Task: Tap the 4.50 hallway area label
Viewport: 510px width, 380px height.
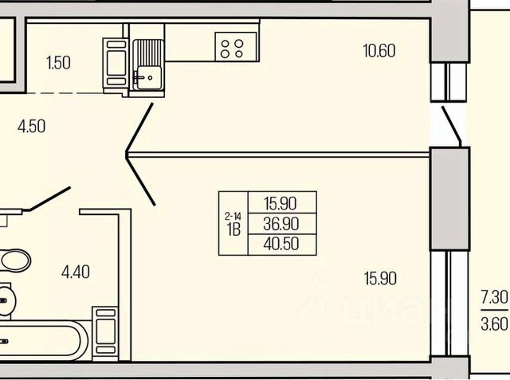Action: point(31,125)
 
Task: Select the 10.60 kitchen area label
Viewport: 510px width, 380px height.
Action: point(379,52)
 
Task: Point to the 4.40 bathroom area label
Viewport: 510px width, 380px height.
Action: point(76,272)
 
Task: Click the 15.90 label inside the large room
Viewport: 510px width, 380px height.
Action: point(380,279)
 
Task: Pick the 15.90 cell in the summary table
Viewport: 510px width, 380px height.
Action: point(284,202)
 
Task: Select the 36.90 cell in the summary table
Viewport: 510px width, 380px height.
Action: point(284,224)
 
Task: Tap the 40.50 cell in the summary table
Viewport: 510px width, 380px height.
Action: point(284,245)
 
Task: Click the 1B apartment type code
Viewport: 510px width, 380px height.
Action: point(233,231)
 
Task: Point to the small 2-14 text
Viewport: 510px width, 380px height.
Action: point(233,215)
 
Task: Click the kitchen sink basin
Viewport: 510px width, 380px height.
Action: point(147,76)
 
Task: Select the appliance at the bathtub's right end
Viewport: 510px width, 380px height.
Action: point(107,331)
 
